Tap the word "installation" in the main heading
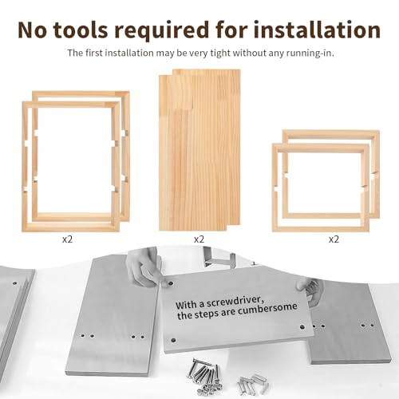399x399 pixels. [317, 30]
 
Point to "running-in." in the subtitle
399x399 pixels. [310, 53]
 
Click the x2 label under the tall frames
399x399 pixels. [67, 239]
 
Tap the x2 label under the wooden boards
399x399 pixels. [199, 239]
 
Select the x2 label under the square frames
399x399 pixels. [334, 239]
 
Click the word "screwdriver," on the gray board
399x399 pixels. [235, 302]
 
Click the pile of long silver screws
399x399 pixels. [205, 375]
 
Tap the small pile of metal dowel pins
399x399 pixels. [252, 383]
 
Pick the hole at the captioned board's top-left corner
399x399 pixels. [170, 283]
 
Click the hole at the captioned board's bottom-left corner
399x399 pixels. [173, 340]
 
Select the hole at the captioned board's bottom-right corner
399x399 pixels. [302, 326]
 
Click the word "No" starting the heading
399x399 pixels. [33, 30]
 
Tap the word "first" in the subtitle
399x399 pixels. [94, 53]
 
